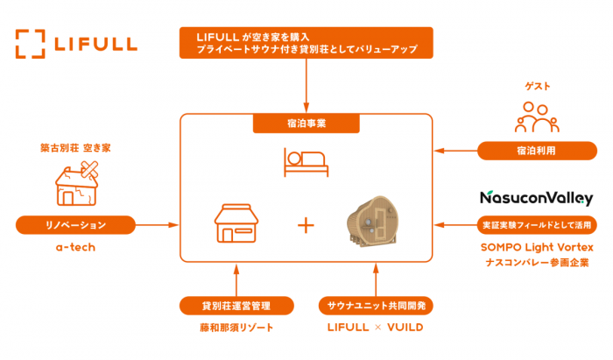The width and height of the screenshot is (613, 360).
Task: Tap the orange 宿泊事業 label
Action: coord(306,124)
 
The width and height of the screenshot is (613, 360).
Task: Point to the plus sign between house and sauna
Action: coord(306,225)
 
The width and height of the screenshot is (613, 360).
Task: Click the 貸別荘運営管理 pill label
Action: coord(236,306)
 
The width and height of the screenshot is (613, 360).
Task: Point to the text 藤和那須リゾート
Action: coord(236,328)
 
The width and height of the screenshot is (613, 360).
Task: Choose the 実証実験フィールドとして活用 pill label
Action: coord(537,225)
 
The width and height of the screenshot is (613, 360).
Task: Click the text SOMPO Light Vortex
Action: coord(537,248)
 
